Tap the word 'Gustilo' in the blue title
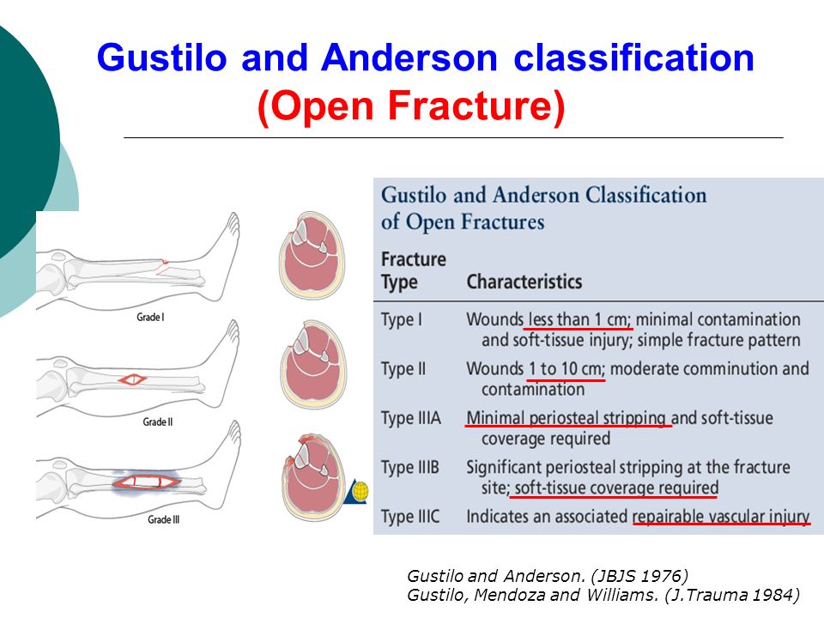[162, 58]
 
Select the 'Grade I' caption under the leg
[150, 317]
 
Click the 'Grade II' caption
[158, 421]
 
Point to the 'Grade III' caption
[163, 519]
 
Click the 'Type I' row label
[402, 320]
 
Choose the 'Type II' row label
[403, 369]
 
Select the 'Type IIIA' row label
[411, 419]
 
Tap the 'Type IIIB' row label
[410, 468]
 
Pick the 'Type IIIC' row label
[410, 517]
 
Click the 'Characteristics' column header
[524, 282]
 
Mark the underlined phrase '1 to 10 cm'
[566, 369]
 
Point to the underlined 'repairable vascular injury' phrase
[721, 517]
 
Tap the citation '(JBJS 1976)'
[639, 576]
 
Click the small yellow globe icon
[360, 492]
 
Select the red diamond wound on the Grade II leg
[132, 379]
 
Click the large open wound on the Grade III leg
[147, 481]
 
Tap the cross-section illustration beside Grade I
[312, 256]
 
